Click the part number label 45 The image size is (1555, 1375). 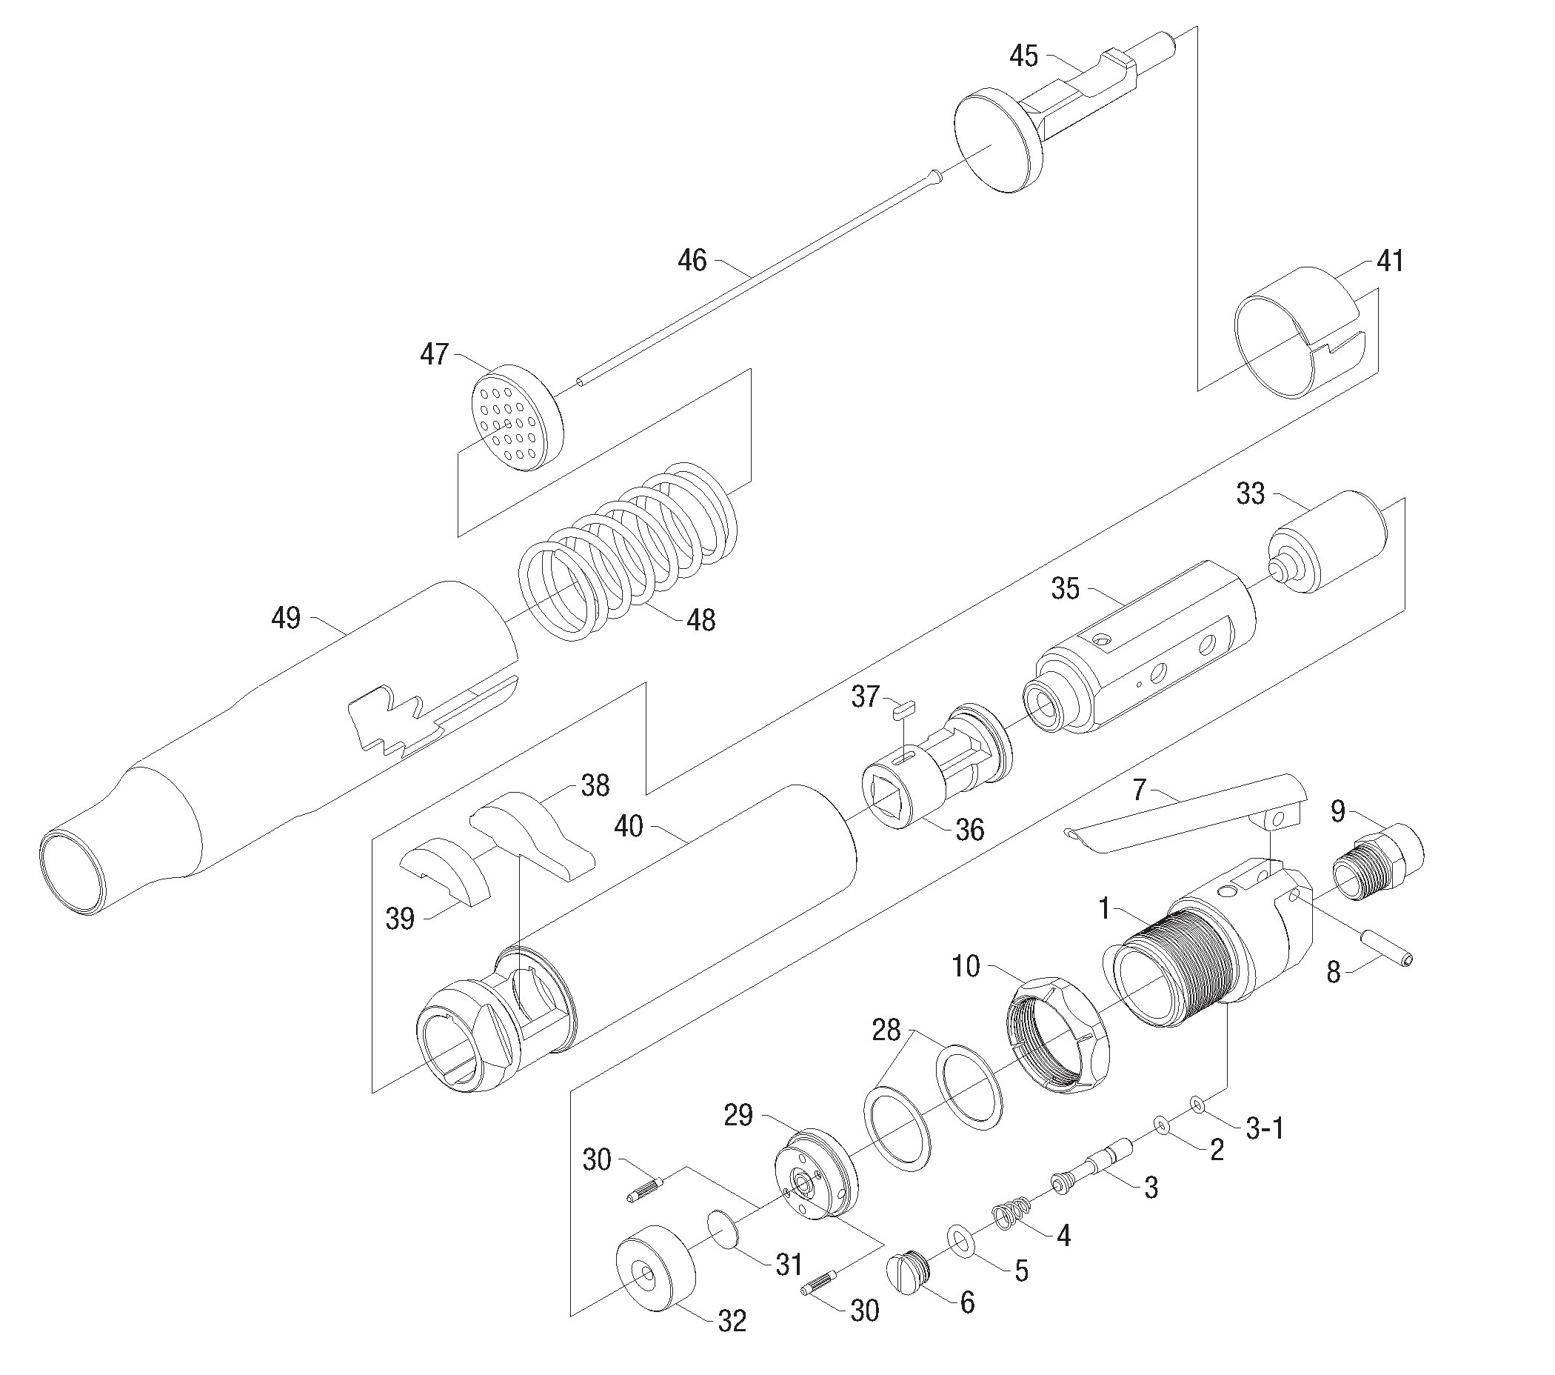click(x=1023, y=56)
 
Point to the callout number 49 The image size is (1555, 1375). click(x=286, y=618)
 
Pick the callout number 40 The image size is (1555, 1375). click(x=629, y=825)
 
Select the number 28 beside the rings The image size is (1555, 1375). click(x=886, y=1031)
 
